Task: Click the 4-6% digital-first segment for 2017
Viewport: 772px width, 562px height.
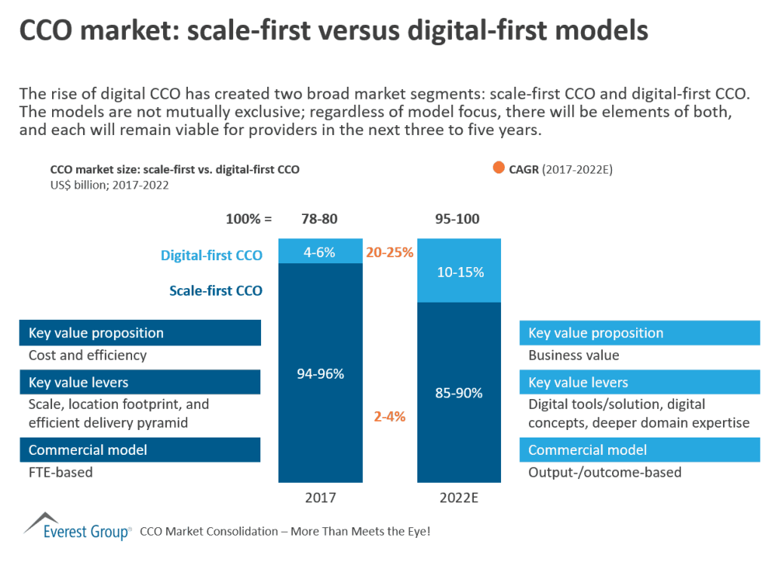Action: coord(319,251)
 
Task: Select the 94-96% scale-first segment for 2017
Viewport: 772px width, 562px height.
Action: coord(319,373)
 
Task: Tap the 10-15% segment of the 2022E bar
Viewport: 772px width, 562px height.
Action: coord(459,271)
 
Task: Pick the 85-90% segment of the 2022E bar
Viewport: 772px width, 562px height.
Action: coord(459,392)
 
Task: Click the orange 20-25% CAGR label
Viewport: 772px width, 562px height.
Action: coord(389,252)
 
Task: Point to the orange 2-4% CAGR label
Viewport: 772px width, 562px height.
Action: coord(389,416)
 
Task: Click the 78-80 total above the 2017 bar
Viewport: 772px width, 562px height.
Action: coord(319,220)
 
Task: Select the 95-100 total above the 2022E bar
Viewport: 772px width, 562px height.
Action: coord(459,220)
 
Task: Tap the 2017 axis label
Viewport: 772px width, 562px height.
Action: coord(319,499)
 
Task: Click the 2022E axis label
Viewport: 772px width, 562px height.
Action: coord(459,499)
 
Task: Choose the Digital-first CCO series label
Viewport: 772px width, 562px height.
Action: coord(211,255)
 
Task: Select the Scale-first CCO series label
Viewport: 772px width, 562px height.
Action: coord(217,290)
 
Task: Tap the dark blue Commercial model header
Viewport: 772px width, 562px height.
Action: coord(140,450)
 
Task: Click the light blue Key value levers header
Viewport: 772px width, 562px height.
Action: coord(640,382)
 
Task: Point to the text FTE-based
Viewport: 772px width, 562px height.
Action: coord(60,472)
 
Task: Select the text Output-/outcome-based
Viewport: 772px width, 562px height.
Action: coord(604,472)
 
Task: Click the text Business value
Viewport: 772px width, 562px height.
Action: coord(574,355)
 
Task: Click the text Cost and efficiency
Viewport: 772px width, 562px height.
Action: coord(88,355)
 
